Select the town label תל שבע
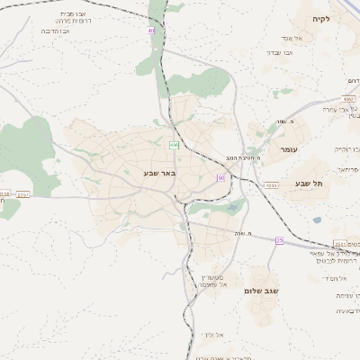[x=308, y=183]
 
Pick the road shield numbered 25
[x=280, y=240]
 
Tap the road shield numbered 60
[x=220, y=177]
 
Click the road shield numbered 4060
[x=272, y=185]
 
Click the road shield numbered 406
[x=174, y=145]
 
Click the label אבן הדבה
[x=56, y=31]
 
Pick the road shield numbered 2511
[x=339, y=244]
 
